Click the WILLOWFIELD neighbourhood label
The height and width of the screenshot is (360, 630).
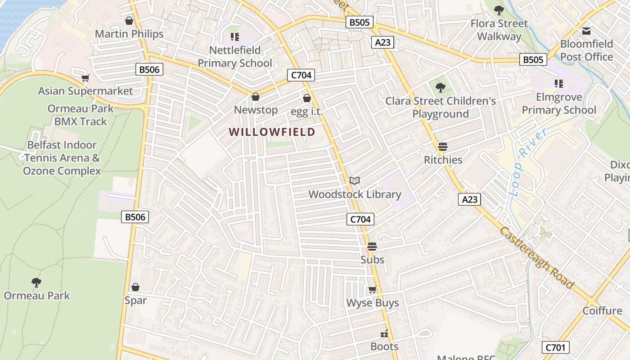pyautogui.click(x=272, y=132)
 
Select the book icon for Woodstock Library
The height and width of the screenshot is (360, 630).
pyautogui.click(x=355, y=180)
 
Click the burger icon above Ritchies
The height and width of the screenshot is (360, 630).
pyautogui.click(x=443, y=147)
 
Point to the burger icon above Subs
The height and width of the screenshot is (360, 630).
pyautogui.click(x=372, y=247)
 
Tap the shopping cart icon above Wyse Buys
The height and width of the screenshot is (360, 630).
pyautogui.click(x=372, y=290)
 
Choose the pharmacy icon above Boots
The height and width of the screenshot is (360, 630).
pyautogui.click(x=384, y=333)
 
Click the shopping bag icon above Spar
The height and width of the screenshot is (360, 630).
pyautogui.click(x=135, y=287)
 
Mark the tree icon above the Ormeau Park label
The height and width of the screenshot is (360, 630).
pyautogui.click(x=36, y=283)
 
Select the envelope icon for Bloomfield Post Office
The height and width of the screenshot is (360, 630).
pyautogui.click(x=586, y=31)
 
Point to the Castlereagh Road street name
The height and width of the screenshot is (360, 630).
pyautogui.click(x=537, y=258)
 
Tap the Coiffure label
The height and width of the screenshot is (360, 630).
pyautogui.click(x=602, y=310)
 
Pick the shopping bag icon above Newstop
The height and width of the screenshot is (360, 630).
pyautogui.click(x=255, y=97)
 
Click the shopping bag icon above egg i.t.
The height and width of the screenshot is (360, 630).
pyautogui.click(x=307, y=98)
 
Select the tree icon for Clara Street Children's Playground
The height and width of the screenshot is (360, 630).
pyautogui.click(x=440, y=88)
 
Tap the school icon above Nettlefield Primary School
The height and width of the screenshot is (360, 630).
pyautogui.click(x=234, y=36)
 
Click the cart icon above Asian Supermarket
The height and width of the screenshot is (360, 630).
pyautogui.click(x=85, y=78)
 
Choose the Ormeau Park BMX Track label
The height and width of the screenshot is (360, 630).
pyautogui.click(x=81, y=115)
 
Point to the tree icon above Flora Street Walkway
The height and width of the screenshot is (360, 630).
pyautogui.click(x=499, y=10)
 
